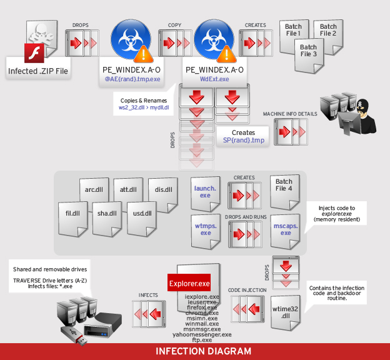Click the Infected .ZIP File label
(37, 71)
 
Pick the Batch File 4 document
(284, 187)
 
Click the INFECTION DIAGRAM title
(195, 351)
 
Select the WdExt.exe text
(214, 79)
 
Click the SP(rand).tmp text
(243, 141)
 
